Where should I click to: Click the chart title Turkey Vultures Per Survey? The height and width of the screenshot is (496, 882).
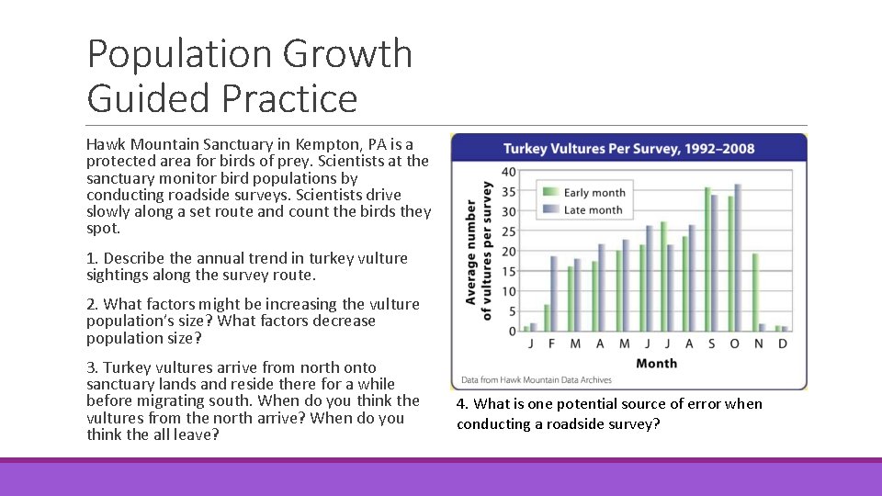[x=628, y=149]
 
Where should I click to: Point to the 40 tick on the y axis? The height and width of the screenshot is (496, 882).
[x=508, y=172]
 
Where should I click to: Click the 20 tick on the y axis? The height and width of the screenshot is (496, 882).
[x=508, y=252]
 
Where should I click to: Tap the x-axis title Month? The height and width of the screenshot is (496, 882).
[x=656, y=363]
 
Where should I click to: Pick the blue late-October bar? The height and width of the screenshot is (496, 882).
[x=738, y=257]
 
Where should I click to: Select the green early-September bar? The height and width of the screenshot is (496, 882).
[x=707, y=259]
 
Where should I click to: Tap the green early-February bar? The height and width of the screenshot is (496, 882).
[x=547, y=317]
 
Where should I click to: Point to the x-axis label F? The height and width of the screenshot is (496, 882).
[x=550, y=344]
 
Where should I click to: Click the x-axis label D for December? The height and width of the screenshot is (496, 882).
[x=782, y=344]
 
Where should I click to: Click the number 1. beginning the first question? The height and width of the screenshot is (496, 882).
[x=92, y=258]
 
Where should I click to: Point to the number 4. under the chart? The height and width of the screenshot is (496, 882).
[x=462, y=404]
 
